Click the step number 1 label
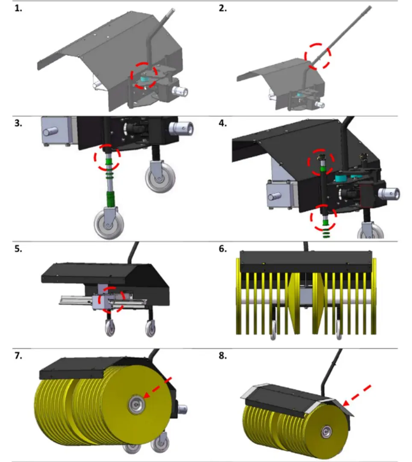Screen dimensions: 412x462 click(x=18, y=9)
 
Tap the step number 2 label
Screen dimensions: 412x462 click(x=223, y=9)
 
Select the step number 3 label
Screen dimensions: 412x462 click(x=18, y=123)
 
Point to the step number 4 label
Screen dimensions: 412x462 click(x=223, y=123)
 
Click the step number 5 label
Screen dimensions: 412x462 click(x=18, y=249)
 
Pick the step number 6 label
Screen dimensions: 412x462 click(x=223, y=249)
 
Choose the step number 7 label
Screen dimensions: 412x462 click(x=18, y=356)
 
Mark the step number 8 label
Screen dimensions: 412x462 click(x=223, y=356)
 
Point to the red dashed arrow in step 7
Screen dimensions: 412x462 click(x=157, y=388)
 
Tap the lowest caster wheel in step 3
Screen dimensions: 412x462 click(x=109, y=223)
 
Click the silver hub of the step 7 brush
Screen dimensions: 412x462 click(x=136, y=405)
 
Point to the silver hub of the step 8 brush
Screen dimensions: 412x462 click(x=326, y=432)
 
